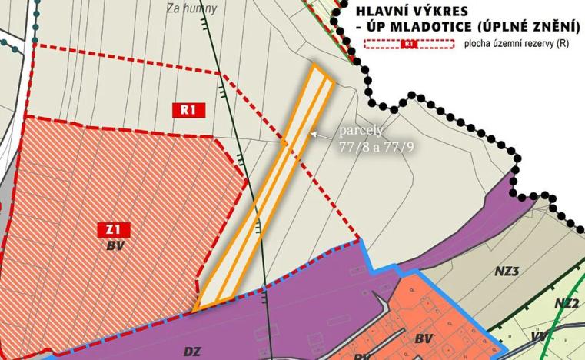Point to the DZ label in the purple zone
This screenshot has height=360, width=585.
193,351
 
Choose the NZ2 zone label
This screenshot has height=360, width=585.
567,303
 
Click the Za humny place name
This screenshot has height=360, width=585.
191,9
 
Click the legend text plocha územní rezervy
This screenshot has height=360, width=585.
516,45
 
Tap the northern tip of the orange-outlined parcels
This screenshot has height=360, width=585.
315,67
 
